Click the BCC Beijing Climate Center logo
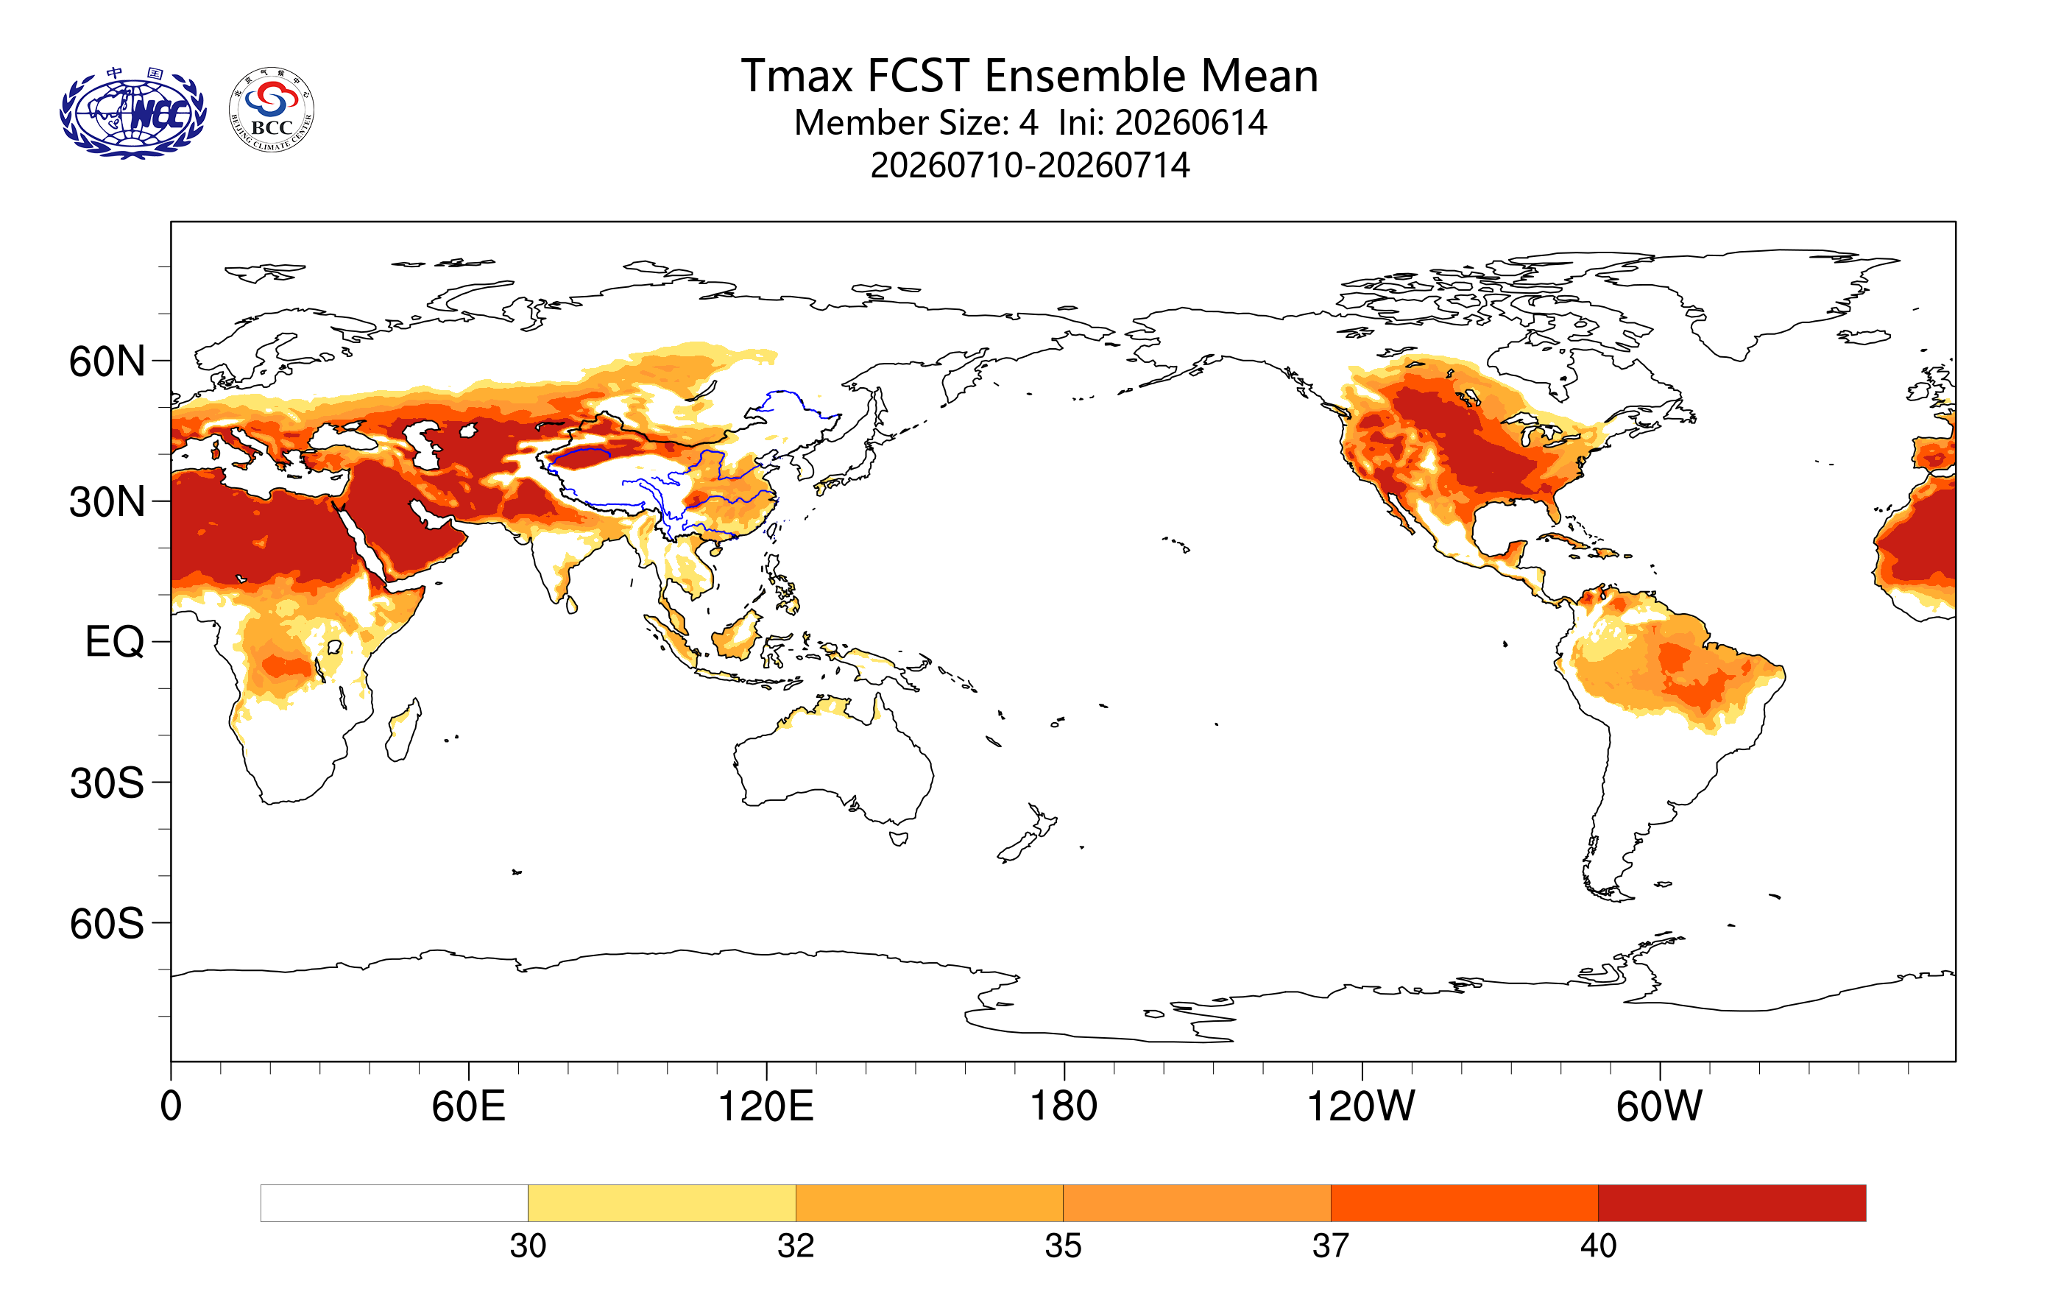click(x=272, y=110)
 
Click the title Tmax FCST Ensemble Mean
click(x=1029, y=75)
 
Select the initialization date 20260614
click(x=1190, y=122)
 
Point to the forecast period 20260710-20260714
click(x=1030, y=165)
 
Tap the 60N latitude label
click(x=107, y=361)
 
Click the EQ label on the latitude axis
click(x=115, y=642)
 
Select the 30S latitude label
click(x=107, y=783)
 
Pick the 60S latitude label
click(x=107, y=925)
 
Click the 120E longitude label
click(x=766, y=1106)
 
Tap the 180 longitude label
click(x=1064, y=1106)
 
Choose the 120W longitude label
click(x=1361, y=1106)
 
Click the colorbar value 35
click(x=1063, y=1246)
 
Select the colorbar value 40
click(x=1598, y=1246)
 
